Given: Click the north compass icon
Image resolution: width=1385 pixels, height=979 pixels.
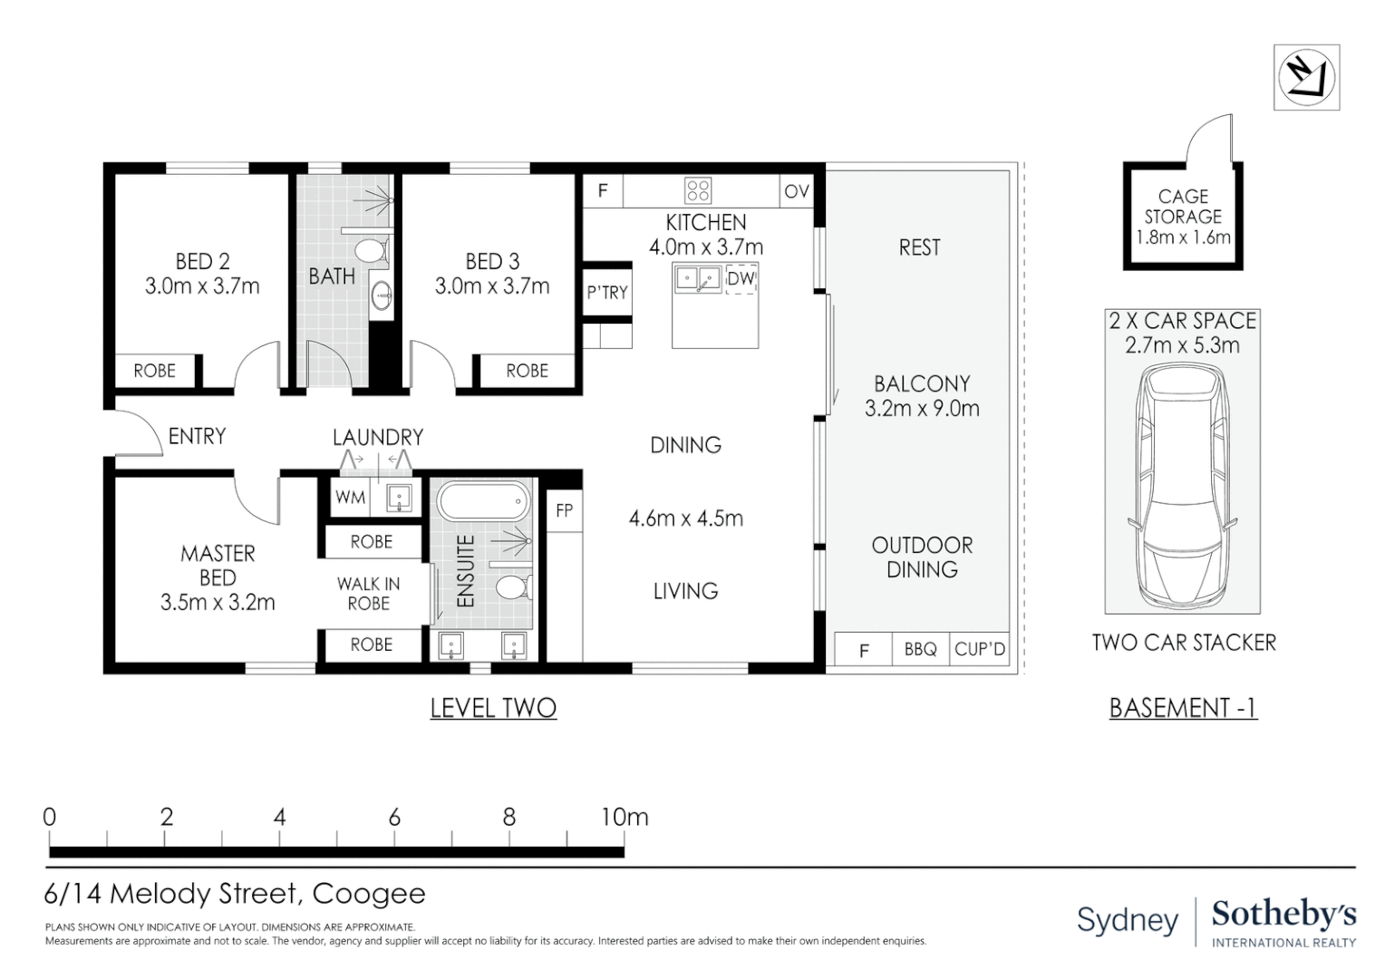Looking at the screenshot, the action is coord(1306,78).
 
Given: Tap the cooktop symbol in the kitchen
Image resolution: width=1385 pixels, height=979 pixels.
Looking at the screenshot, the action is coord(698,190).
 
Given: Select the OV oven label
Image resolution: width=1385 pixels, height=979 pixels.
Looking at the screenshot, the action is coord(797,191).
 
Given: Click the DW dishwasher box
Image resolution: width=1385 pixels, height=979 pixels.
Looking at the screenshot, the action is coord(741,279).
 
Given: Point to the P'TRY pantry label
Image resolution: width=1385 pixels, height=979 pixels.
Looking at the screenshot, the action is coord(607,293).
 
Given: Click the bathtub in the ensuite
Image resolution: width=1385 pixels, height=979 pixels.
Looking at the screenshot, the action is coord(484,501).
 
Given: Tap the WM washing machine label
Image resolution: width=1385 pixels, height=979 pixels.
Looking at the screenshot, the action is coord(351,498).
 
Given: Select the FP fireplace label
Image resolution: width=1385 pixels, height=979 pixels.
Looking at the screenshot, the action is coord(565,510).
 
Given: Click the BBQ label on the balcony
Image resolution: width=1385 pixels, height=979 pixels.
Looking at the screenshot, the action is coord(920,649).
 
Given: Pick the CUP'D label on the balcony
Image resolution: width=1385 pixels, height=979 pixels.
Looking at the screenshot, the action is coord(980,649).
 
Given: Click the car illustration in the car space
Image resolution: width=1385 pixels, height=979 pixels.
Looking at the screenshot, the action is coord(1182,485).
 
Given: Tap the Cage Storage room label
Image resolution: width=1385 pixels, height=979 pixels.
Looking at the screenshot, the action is coord(1183,207).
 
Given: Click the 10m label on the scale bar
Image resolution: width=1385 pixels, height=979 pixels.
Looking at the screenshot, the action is coord(625,818).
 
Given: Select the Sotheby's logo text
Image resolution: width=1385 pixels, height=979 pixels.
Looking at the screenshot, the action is coord(1284,915).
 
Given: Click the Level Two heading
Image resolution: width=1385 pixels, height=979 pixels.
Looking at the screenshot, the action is coord(493,708).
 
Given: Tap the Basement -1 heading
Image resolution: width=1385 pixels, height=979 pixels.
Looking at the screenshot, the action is coord(1184,708).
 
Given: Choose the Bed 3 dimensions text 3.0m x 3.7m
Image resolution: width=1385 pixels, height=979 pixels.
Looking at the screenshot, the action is coord(492,286).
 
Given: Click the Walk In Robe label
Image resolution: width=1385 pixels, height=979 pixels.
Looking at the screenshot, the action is coord(369,594).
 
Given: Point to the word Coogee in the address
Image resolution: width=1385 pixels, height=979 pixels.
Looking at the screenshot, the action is coord(369,895).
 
